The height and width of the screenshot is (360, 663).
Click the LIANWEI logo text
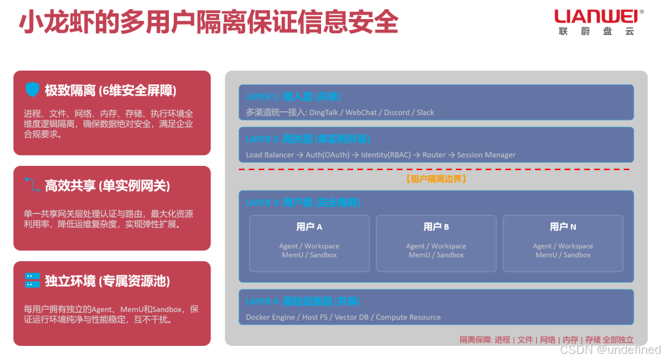(x=595, y=16)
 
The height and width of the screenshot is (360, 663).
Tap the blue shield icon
(x=32, y=90)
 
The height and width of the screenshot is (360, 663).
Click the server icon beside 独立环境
(x=32, y=281)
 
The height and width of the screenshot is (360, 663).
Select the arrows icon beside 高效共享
(x=32, y=185)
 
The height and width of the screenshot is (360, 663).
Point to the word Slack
(x=425, y=112)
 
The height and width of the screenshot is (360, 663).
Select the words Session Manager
(x=486, y=155)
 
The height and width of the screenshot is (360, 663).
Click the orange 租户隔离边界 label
(x=436, y=179)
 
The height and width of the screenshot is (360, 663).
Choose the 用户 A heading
(x=309, y=227)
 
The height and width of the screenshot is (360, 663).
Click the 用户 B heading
(x=436, y=227)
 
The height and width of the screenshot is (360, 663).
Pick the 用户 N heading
(x=563, y=227)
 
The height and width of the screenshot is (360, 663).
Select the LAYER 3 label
(x=262, y=203)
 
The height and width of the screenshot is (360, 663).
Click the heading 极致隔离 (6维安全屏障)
(x=110, y=90)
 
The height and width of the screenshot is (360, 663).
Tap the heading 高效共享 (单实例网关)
(x=107, y=186)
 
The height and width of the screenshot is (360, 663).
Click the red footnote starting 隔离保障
(x=546, y=340)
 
